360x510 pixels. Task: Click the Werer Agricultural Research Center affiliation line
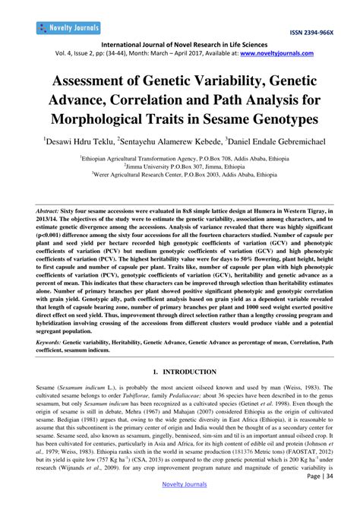click(178, 175)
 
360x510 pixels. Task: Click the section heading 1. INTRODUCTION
click(180, 373)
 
